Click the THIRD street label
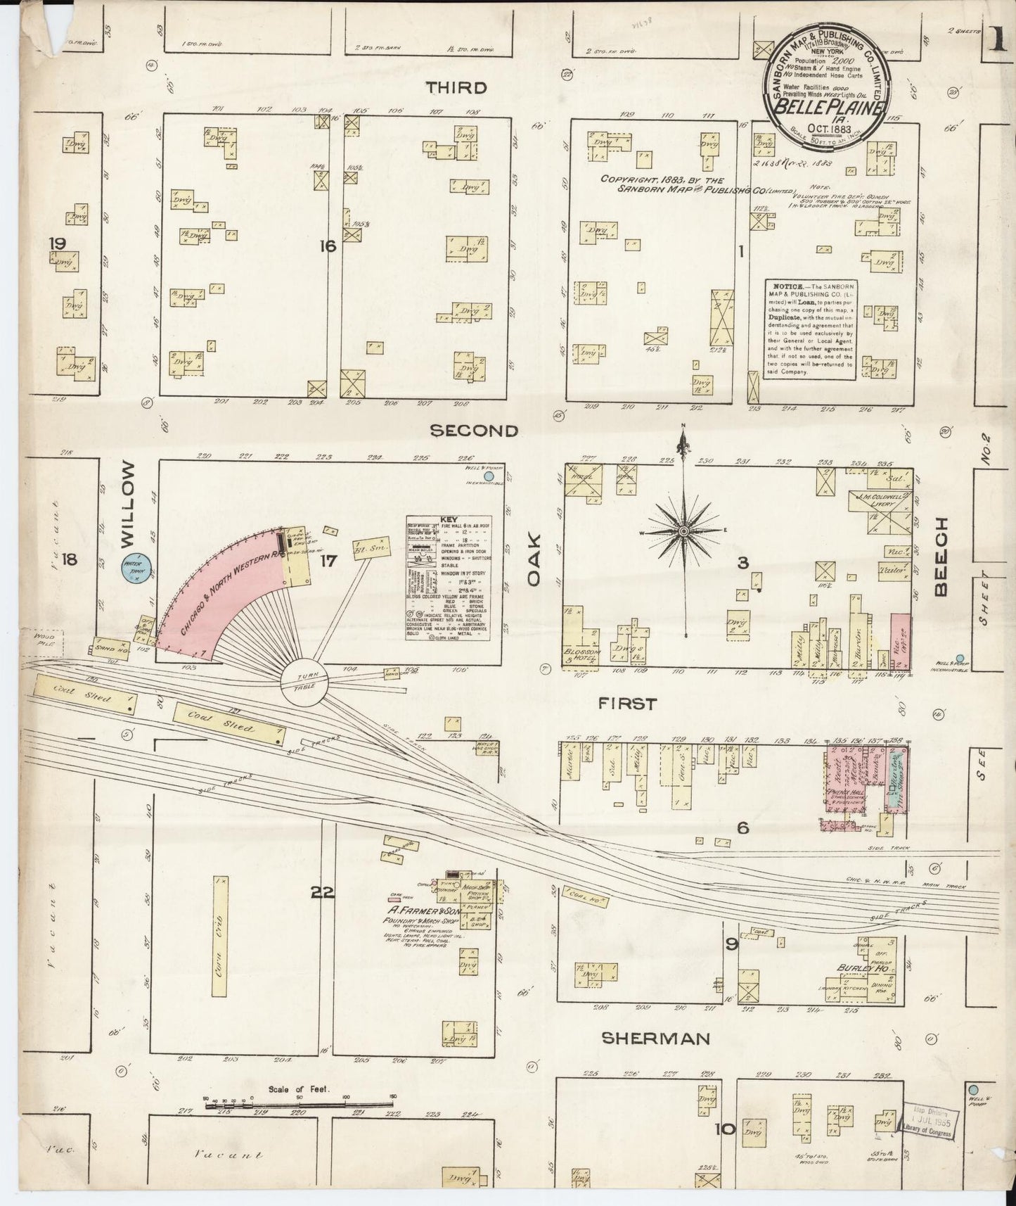coord(456,87)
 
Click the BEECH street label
coord(942,556)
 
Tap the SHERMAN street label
coord(656,1039)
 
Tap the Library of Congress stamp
coord(929,1126)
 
